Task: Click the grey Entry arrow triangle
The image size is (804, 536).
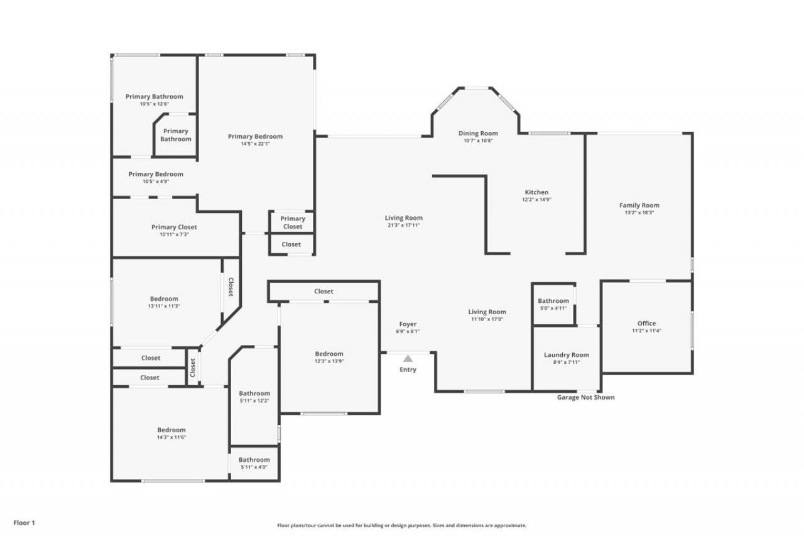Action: [408, 358]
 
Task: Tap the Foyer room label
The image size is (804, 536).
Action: [408, 324]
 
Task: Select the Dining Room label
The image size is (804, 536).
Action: [478, 133]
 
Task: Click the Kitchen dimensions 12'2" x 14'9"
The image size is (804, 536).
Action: [536, 200]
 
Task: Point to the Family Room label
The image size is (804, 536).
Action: [639, 205]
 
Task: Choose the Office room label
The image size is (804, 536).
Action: [646, 324]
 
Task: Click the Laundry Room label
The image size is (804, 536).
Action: [566, 355]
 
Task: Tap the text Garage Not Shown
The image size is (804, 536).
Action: [585, 397]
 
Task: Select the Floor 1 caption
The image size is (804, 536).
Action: [24, 522]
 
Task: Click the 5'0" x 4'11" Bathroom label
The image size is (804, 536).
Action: [553, 308]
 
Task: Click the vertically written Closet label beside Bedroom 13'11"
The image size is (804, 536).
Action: [231, 287]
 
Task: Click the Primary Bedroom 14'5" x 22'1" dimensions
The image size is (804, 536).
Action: [255, 144]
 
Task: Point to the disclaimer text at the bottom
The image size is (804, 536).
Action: [402, 525]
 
